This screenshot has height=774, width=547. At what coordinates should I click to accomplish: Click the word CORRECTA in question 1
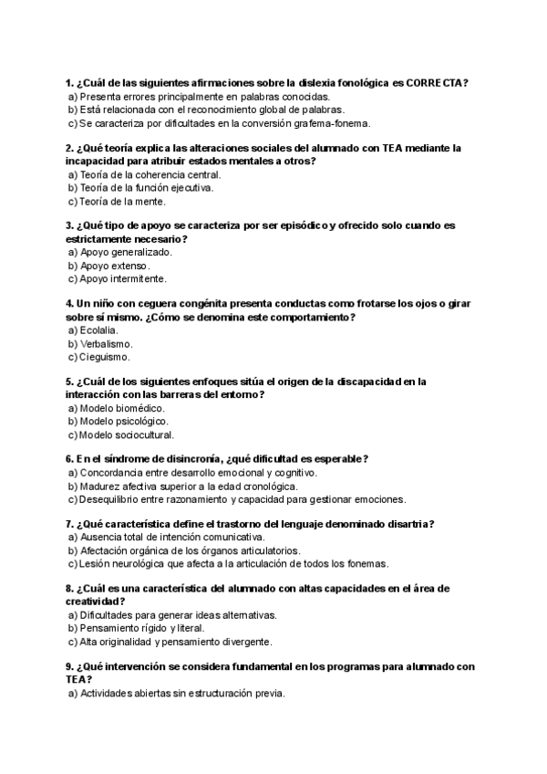tap(434, 82)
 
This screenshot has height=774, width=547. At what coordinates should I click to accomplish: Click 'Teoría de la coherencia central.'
tap(150, 174)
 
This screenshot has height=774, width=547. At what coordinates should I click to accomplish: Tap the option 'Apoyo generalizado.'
tap(125, 252)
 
